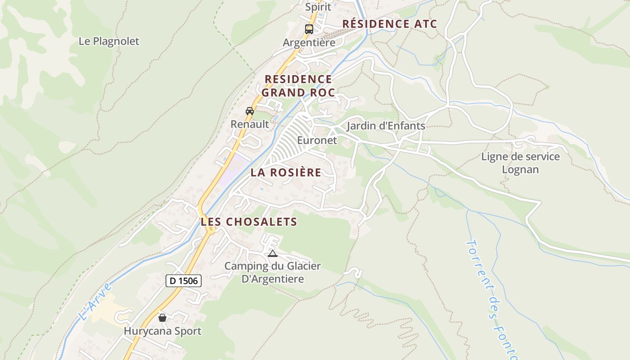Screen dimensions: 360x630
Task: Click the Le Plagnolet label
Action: pos(109,41)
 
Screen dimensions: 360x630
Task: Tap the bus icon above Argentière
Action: pos(309,29)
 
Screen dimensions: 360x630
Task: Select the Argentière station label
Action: pos(309,43)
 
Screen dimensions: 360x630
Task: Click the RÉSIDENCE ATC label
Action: pos(390,24)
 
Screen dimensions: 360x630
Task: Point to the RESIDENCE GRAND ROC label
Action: pos(298,86)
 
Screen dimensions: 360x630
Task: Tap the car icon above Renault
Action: pos(249,111)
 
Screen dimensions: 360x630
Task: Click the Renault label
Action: pos(249,124)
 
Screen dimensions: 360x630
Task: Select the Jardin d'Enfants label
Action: pos(386,126)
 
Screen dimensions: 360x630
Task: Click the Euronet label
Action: pos(317,140)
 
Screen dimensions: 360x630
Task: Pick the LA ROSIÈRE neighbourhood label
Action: pos(286,172)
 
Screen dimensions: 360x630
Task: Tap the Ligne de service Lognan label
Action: pos(520,163)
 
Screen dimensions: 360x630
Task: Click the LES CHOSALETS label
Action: pos(249,222)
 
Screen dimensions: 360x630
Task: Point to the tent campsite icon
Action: pos(272,253)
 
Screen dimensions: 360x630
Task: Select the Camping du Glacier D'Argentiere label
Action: pos(273,272)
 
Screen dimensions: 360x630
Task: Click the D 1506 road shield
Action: pos(183,281)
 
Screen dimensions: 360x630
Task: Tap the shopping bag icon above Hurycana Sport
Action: pos(162,318)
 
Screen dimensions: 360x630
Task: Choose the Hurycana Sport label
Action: pos(162,332)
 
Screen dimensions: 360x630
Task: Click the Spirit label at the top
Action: pos(318,7)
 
